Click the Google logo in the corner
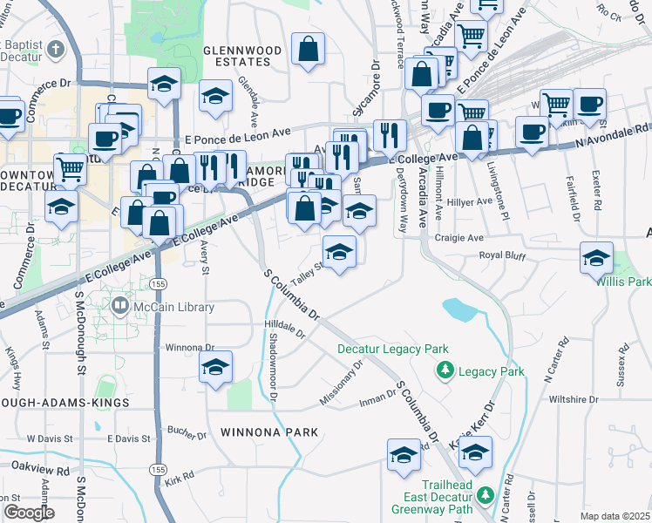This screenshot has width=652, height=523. [29, 513]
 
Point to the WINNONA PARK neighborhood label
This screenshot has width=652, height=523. [269, 431]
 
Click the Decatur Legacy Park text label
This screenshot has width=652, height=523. [393, 350]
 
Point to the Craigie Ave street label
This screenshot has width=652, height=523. [464, 237]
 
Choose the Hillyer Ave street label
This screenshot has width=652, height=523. [470, 201]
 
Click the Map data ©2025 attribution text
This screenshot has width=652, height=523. [615, 516]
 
